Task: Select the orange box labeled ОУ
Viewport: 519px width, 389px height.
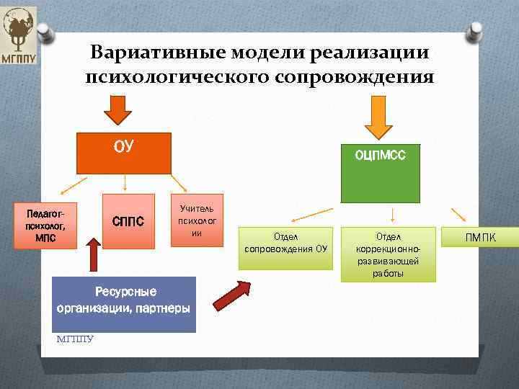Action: [x=124, y=153]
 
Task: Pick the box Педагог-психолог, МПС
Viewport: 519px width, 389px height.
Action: [x=45, y=225]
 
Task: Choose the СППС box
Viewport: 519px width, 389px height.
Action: [x=129, y=221]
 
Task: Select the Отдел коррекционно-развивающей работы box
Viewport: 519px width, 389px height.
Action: [x=390, y=254]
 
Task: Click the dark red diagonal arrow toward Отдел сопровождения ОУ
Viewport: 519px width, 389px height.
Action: [x=230, y=295]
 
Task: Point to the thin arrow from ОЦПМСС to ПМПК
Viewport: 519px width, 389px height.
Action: [x=458, y=214]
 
